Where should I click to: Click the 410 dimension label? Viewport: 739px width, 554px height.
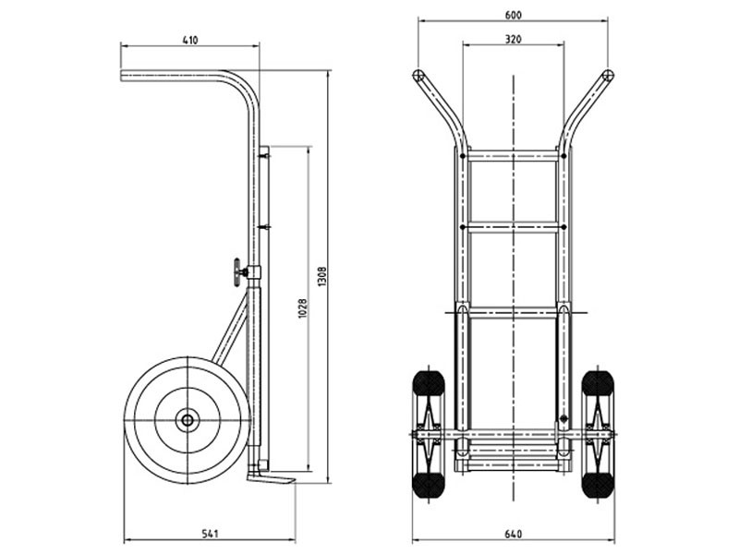(x=190, y=40)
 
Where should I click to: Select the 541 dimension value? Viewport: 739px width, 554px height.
(x=210, y=534)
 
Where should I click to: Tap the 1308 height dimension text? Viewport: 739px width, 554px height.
(x=322, y=276)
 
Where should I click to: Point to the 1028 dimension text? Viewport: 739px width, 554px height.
(x=303, y=308)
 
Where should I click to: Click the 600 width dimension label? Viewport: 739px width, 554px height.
(x=514, y=15)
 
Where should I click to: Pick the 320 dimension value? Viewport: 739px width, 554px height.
(x=514, y=39)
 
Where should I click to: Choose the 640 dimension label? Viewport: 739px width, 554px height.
(x=514, y=534)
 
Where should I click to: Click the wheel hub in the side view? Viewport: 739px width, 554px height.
(x=188, y=420)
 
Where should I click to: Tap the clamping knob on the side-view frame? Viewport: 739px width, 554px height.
(x=238, y=272)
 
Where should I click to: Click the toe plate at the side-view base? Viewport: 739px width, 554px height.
(x=271, y=477)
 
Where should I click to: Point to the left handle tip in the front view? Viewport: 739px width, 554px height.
(x=418, y=76)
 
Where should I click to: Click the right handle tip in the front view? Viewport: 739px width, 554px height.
(x=608, y=76)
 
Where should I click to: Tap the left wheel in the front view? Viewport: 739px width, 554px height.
(x=429, y=434)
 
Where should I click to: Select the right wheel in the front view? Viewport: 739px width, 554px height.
(x=598, y=434)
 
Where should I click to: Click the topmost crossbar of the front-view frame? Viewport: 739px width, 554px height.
(x=514, y=155)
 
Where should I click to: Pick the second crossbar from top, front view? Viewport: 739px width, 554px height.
(x=514, y=227)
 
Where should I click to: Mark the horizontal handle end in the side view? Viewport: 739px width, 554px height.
(x=124, y=76)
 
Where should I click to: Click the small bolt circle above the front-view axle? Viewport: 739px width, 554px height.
(x=563, y=418)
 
